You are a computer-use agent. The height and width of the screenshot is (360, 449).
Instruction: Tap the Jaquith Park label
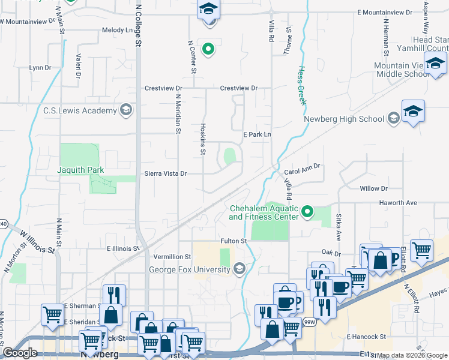(x=80, y=170)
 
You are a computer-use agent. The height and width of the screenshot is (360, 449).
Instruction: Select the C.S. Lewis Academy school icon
(x=125, y=110)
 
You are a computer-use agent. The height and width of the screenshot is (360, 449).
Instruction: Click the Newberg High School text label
(x=344, y=119)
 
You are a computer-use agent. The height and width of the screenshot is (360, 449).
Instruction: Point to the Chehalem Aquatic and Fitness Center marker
(x=308, y=211)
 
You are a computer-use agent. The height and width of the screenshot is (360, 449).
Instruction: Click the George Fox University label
(x=190, y=269)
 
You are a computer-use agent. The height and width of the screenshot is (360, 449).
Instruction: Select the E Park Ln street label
(x=257, y=135)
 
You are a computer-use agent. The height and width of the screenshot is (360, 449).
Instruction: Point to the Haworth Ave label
(x=397, y=203)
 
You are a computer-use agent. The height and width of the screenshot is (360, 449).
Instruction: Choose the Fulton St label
(x=234, y=241)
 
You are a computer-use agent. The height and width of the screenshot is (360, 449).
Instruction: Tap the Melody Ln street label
(x=117, y=30)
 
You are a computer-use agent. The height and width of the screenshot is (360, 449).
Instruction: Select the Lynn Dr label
(x=40, y=68)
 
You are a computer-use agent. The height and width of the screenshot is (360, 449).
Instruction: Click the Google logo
(x=20, y=353)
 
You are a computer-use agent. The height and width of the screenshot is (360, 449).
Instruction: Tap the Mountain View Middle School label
(x=401, y=70)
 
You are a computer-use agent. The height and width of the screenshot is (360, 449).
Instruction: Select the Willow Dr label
(x=373, y=188)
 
